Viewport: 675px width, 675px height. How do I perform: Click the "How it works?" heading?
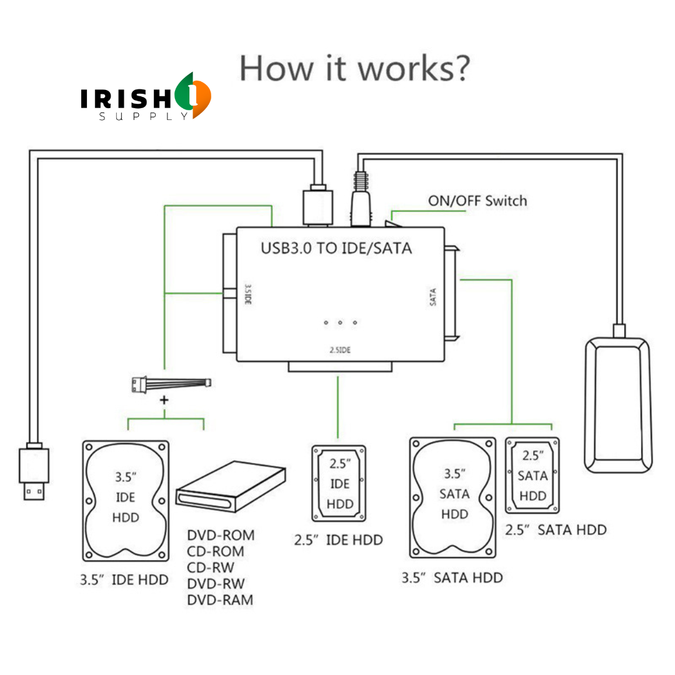[x=354, y=68]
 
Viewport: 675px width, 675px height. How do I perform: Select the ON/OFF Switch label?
[x=477, y=201]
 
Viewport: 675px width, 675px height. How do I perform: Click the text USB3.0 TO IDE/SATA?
[x=336, y=248]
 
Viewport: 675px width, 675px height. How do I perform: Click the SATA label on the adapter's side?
[x=432, y=296]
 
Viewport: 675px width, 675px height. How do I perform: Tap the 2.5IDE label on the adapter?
[x=340, y=350]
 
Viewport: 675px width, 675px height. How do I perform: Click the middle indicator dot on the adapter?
[x=340, y=322]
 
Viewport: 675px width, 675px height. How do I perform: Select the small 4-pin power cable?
[x=170, y=384]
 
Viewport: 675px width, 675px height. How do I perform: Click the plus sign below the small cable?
[x=165, y=400]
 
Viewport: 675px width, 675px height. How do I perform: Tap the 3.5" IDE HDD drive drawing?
[x=126, y=500]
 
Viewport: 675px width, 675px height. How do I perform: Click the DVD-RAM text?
[x=221, y=600]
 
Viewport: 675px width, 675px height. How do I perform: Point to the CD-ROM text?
[x=216, y=552]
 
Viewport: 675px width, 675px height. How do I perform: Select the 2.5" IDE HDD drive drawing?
[x=339, y=484]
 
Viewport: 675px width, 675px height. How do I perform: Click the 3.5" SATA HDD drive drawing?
[x=454, y=496]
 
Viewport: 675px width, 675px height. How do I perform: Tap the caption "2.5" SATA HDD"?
[x=556, y=530]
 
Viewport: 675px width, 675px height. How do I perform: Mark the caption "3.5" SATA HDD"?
[x=452, y=577]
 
